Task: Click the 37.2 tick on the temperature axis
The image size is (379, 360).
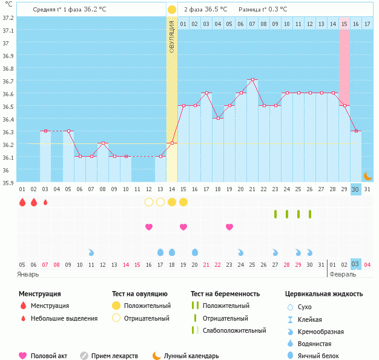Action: [7, 18]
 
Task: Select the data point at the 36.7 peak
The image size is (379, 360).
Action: [252, 79]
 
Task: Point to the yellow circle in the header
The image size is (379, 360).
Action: [172, 10]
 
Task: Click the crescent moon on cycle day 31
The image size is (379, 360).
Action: [367, 175]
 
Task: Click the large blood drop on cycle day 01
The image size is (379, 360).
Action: [22, 202]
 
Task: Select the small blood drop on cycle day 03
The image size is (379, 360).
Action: [45, 202]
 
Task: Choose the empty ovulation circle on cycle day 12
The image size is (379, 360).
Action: [149, 201]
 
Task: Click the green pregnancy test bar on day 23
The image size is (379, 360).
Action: [275, 214]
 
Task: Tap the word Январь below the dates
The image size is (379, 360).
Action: [28, 274]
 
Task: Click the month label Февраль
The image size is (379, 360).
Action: [342, 274]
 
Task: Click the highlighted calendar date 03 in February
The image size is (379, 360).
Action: [355, 264]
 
